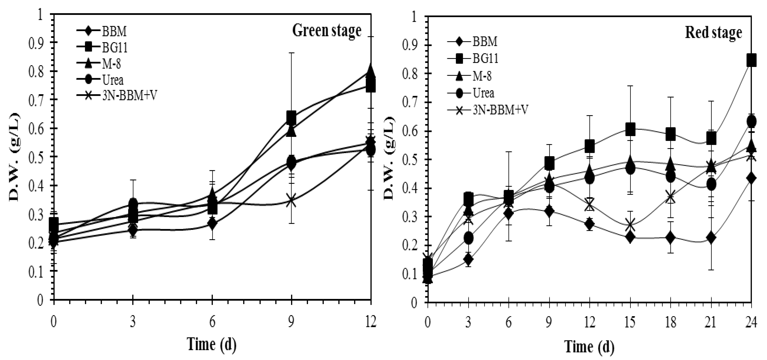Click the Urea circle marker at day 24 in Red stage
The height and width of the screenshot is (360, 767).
click(x=751, y=122)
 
